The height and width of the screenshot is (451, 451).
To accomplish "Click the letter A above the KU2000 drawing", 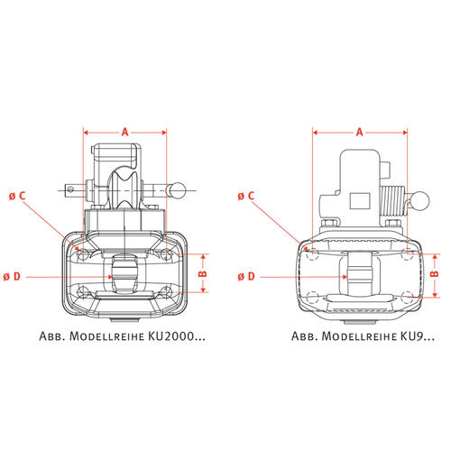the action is [124, 132].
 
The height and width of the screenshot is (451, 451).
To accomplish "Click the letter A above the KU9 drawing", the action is [360, 132].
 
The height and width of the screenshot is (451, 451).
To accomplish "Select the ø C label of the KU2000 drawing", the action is [17, 196].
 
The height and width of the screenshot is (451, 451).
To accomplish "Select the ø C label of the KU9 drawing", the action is [246, 196].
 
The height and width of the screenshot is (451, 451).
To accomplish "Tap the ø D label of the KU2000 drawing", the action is [12, 276].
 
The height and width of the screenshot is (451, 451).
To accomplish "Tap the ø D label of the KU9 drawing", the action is [246, 276].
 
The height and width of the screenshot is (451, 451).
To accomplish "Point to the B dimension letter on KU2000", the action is [203, 273].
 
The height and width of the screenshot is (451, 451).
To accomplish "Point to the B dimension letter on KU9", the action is [435, 273].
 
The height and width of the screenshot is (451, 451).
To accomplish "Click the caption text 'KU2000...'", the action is [177, 336].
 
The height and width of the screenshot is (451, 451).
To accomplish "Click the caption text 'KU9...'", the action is [418, 336].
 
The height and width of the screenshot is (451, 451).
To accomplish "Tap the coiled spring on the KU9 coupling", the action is [393, 201].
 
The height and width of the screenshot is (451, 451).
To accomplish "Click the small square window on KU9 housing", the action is [360, 201].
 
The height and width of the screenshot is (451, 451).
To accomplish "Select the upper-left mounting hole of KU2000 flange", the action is [83, 255].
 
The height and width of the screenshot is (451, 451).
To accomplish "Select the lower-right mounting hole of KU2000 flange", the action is [166, 291].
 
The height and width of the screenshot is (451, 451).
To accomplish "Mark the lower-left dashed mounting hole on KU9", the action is [313, 297].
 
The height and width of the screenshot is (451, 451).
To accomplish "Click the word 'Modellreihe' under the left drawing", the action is [107, 336].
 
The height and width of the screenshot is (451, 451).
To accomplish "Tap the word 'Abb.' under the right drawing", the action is [305, 336].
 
